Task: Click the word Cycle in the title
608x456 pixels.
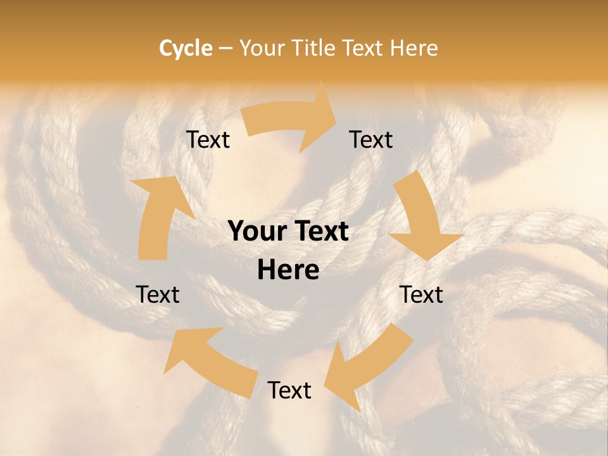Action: pos(186,48)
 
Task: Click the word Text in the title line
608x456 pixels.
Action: pos(364,48)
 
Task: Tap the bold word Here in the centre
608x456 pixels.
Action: pos(288,270)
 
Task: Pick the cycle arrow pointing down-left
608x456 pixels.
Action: pos(367,367)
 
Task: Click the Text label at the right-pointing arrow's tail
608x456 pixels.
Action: pos(208,139)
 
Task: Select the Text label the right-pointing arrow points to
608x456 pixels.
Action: pos(371,139)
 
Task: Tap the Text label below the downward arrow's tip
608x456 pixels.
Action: pos(421,294)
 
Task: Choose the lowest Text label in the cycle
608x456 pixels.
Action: pos(289,390)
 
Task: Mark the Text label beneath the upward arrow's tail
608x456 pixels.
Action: pos(158,294)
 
